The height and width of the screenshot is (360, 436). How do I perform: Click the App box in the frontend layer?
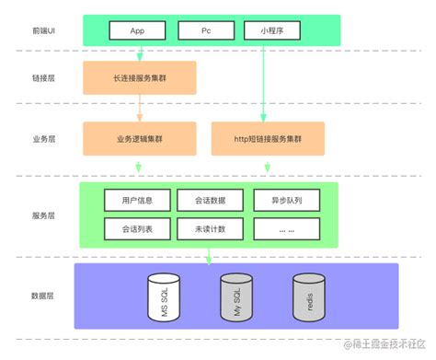[137, 30]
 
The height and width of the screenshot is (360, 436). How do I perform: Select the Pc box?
[205, 30]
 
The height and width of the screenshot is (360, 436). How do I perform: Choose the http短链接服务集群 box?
[269, 138]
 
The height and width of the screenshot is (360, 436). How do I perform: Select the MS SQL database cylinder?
[161, 297]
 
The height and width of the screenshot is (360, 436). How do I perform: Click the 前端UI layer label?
[43, 30]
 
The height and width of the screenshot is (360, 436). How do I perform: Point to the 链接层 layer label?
[43, 80]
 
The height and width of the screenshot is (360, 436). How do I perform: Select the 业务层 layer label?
[43, 139]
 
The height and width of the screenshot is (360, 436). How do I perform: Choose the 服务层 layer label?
[43, 215]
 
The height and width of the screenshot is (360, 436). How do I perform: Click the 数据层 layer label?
[43, 296]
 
